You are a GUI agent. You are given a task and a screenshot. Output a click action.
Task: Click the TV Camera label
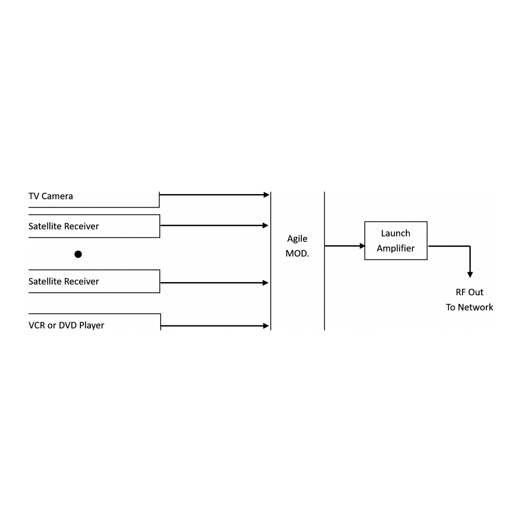(x=51, y=196)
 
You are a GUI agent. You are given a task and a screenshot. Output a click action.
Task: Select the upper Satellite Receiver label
(x=64, y=226)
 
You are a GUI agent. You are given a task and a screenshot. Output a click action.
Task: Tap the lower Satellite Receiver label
(x=64, y=281)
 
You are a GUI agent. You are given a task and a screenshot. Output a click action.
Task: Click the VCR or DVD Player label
(x=66, y=325)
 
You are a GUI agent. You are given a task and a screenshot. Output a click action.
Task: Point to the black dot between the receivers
(x=78, y=254)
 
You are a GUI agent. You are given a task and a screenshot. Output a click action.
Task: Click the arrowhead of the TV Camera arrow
(x=267, y=195)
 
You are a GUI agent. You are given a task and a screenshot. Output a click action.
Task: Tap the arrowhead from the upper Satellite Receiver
(x=265, y=226)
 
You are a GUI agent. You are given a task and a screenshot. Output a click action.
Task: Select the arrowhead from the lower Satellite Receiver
(x=265, y=283)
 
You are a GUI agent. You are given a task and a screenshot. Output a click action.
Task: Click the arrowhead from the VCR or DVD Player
(x=266, y=326)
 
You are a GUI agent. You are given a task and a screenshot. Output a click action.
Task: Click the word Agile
(x=297, y=239)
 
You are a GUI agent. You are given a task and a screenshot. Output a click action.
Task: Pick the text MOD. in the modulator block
(x=297, y=254)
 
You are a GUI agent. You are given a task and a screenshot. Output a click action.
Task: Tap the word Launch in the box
(x=396, y=233)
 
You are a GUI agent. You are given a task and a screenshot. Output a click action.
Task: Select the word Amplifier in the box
(x=396, y=248)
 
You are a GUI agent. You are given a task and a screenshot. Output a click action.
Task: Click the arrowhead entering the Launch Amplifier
(x=362, y=246)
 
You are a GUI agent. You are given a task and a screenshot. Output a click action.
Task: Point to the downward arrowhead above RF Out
(x=470, y=275)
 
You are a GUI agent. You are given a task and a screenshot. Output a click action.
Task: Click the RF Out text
(x=469, y=292)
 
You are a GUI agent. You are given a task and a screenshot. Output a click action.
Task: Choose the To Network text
(x=469, y=307)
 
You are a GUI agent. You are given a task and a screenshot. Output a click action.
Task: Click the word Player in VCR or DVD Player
(x=92, y=325)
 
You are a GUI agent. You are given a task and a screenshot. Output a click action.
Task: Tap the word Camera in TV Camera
(x=57, y=196)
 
